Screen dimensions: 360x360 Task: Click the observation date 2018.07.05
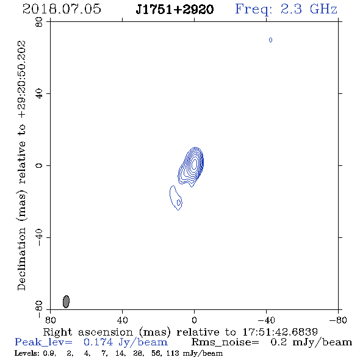point(62,9)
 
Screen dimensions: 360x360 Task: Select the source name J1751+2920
point(175,9)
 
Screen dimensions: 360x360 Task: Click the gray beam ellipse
point(66,301)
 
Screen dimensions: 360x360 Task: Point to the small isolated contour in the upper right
point(271,40)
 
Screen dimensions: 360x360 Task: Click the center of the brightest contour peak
point(194,164)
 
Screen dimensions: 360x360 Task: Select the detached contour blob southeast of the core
point(176,198)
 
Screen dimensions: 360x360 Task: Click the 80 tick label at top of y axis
point(39,22)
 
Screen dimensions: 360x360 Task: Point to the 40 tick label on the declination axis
point(39,94)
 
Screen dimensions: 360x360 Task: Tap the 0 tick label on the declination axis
point(39,165)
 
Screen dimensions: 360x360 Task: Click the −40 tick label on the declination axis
point(39,237)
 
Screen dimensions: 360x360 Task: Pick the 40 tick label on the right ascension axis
point(122,320)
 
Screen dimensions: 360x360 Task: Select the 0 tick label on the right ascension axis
point(194,320)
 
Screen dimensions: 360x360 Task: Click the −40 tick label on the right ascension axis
point(266,320)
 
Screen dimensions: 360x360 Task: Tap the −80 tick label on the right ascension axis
point(338,320)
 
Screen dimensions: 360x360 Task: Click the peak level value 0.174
point(98,342)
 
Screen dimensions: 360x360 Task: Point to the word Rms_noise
point(225,342)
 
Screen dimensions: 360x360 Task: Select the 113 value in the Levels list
point(171,353)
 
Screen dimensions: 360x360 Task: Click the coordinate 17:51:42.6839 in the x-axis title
point(280,332)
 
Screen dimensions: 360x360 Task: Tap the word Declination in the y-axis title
point(21,259)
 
